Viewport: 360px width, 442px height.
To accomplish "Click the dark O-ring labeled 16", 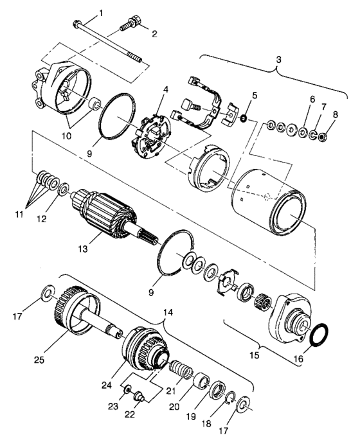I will tap(319, 335).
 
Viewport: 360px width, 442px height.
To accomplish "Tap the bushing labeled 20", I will tap(201, 383).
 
